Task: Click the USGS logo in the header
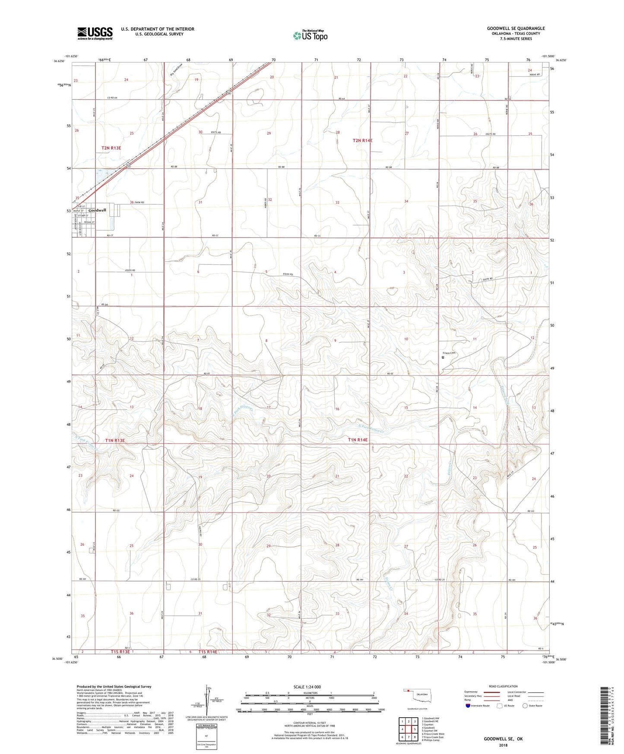click(95, 33)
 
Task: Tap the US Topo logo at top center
click(310, 35)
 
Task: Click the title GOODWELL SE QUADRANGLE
click(516, 29)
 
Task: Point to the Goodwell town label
click(97, 210)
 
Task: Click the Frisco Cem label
click(449, 353)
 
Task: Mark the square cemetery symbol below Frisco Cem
click(443, 357)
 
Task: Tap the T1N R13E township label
click(115, 440)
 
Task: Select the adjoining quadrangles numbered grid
click(408, 730)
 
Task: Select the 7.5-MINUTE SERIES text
click(516, 39)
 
